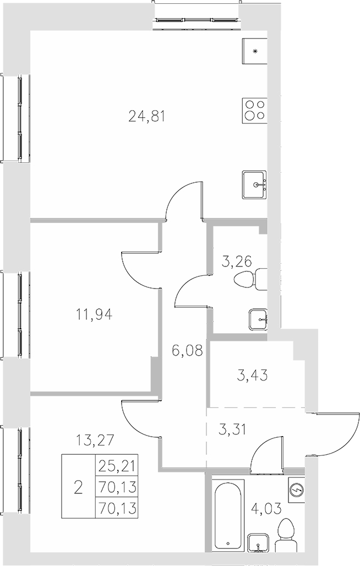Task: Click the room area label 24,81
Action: tap(147, 116)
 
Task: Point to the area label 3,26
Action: tap(236, 262)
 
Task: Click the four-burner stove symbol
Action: tap(254, 111)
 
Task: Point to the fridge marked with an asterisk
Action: tap(254, 52)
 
